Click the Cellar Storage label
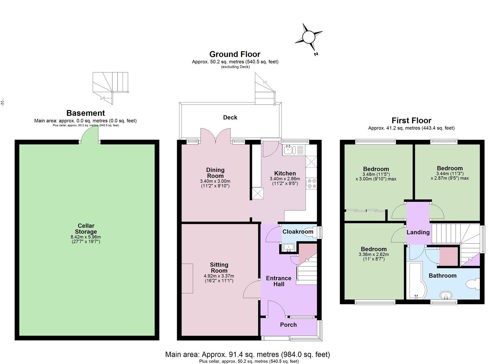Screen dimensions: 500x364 point(86,229)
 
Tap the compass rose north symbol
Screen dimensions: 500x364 point(308,37)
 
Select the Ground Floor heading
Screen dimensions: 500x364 point(235,54)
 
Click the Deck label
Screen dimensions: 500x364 point(230,118)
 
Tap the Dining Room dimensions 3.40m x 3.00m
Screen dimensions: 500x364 point(215,181)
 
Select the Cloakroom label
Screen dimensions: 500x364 point(298,232)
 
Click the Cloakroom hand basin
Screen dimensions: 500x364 point(289,248)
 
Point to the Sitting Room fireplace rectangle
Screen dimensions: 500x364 point(187,278)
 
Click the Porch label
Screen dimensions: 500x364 point(289,325)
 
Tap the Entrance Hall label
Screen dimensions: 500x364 point(278,281)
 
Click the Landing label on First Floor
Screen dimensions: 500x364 point(418,232)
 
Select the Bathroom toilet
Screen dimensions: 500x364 point(473,284)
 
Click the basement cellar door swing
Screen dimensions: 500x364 point(89,134)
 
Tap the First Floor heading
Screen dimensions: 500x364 point(411,121)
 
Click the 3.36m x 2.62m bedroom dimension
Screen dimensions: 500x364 point(374,254)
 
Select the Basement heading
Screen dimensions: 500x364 point(86,113)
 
